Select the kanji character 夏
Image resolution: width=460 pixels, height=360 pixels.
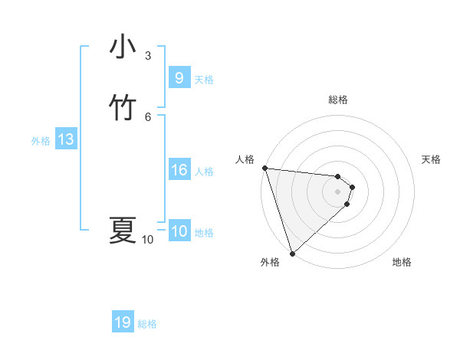(x=123, y=230)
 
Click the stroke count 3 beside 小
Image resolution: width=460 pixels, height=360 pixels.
(x=147, y=56)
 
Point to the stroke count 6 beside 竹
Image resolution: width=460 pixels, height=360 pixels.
(x=147, y=116)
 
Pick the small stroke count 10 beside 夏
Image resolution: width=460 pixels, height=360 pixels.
(x=147, y=240)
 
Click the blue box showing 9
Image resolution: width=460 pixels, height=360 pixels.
(x=179, y=77)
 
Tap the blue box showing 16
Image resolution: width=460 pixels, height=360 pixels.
(x=179, y=170)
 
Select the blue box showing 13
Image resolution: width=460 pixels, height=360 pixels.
(x=66, y=139)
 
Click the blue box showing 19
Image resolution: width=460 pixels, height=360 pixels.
(x=123, y=322)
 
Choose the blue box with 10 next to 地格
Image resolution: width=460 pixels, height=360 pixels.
(x=179, y=232)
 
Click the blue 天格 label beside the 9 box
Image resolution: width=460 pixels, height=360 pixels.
(x=204, y=80)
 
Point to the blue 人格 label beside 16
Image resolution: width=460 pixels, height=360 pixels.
(x=204, y=172)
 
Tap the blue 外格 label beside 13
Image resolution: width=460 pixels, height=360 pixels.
(x=41, y=141)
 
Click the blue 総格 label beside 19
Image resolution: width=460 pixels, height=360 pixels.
(x=147, y=324)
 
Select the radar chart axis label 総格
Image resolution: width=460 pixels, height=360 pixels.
(x=338, y=100)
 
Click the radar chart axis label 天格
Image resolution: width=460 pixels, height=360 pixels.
(x=431, y=159)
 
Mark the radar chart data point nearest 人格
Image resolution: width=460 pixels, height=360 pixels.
(x=264, y=168)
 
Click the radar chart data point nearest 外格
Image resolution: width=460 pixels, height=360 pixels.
(x=292, y=253)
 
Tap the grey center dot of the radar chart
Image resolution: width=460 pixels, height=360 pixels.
(x=338, y=191)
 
